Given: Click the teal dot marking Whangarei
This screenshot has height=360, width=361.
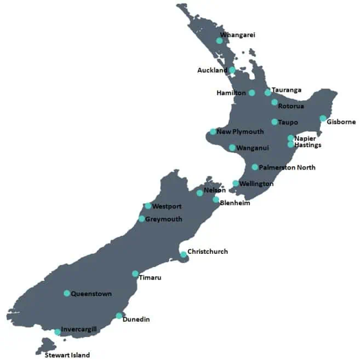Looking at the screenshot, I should pos(219,40).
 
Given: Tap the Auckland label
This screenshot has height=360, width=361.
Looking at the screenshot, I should pos(212,71).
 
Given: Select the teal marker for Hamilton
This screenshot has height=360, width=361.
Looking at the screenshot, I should pos(252,93).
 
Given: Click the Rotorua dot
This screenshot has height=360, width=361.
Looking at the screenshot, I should pos(274,102).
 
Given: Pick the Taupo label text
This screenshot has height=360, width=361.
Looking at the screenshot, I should pos(288,123).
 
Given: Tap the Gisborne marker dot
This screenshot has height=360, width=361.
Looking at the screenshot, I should pos(323,119).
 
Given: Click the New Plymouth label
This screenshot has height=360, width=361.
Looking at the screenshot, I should pos(240,132).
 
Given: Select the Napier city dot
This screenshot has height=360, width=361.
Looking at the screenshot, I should pos(291,138).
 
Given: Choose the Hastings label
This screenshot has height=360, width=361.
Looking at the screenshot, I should pos(307,146).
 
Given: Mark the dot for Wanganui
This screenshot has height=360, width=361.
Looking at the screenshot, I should pos(232,148).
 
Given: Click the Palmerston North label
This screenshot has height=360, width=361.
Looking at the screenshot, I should pos(287,167).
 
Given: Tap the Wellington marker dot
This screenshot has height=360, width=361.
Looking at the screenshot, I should pos(236,184).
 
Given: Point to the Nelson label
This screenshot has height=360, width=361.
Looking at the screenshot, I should pos(214,190).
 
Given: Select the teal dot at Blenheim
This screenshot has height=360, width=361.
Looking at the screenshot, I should pos(216,200).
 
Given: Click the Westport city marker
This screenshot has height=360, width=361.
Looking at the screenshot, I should pos(148,206).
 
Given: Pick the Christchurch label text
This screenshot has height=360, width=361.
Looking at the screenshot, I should pos(208,252).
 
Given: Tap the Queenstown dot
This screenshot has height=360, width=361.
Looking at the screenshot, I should pos(67,293).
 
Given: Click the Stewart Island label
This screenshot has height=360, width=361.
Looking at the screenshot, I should pos(67,355).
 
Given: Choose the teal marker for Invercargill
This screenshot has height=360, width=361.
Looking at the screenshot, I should pos(58,332).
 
